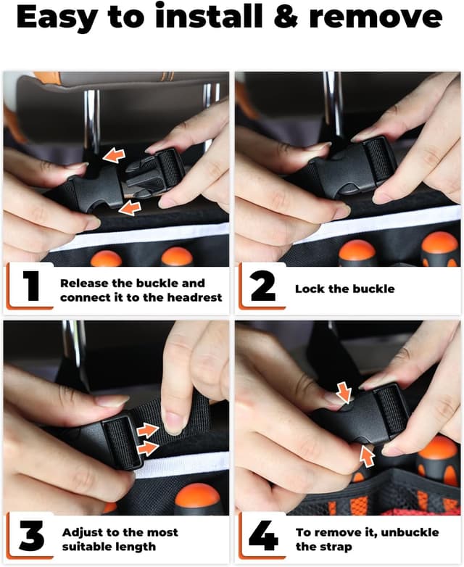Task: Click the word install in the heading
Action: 209,17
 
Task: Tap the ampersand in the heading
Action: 286,17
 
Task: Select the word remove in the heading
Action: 376,19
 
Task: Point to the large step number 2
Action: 263,286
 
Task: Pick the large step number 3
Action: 32,536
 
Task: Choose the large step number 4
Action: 263,536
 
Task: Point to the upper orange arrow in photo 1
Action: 114,155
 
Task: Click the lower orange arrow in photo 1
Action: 130,209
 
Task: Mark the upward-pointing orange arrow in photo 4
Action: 367,456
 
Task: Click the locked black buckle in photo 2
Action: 351,168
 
